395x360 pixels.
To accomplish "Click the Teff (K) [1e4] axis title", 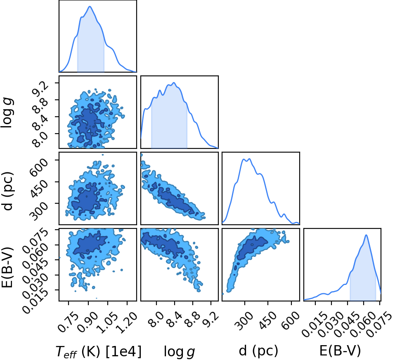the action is coord(99,351).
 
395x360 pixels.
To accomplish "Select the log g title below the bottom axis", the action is coord(180,352).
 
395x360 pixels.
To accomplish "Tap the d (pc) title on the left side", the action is coord(8,191).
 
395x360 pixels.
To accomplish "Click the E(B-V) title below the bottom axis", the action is coord(340,351).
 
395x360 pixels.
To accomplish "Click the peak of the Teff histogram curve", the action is coord(90,7).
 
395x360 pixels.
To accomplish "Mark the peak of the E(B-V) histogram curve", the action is coord(366,235).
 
